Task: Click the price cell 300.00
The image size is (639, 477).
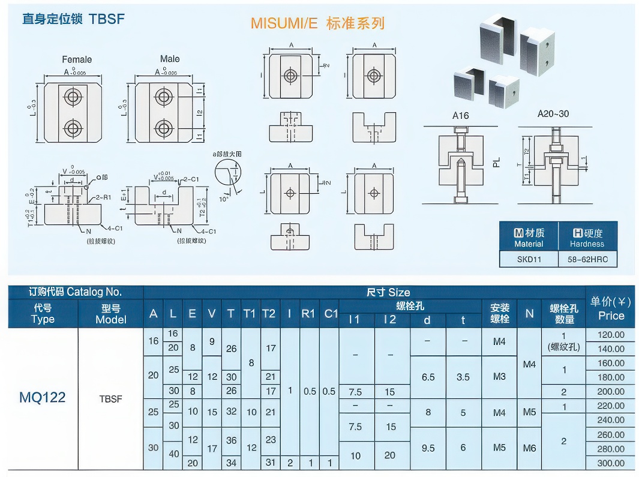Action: coord(611,463)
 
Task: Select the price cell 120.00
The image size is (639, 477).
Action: coord(611,335)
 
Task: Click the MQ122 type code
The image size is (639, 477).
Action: coord(43,397)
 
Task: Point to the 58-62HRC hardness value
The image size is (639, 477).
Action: coord(587,259)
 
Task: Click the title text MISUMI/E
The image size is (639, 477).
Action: coord(284,23)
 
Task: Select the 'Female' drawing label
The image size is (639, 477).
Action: coord(77,59)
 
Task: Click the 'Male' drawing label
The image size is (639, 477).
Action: coord(170,59)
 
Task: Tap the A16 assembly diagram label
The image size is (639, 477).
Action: coord(460,115)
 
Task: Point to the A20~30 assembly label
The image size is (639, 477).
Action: coord(553,113)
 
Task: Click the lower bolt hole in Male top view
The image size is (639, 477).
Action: coord(163,128)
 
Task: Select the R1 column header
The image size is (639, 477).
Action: coord(308,314)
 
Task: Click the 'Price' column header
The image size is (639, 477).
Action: coord(611,316)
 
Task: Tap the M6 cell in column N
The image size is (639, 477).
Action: coord(529,448)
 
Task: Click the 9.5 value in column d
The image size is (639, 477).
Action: coord(428,448)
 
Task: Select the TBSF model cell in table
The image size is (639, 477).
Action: coord(111,398)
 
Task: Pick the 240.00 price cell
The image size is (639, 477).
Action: coord(611,420)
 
